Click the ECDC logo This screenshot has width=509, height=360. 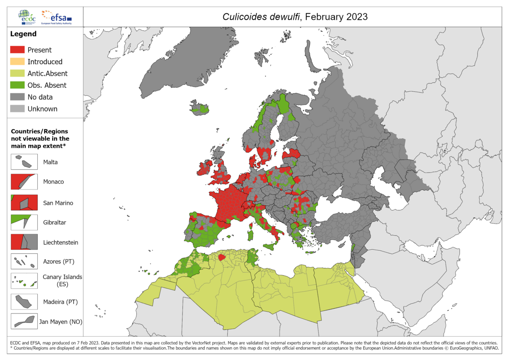pos(28,17)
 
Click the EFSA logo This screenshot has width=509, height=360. pos(56,17)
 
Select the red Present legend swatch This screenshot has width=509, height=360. pos(17,50)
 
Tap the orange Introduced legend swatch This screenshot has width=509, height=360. pos(17,62)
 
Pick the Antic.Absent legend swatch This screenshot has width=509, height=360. pos(17,74)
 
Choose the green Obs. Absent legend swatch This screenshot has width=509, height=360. pos(17,85)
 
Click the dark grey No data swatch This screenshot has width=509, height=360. pos(17,97)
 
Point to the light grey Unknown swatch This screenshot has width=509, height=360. pos(17,109)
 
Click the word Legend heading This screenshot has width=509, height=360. pos(23,34)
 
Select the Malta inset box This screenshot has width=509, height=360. pos(24,162)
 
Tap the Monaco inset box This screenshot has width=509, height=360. pos(24,182)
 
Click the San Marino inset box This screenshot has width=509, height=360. pos(24,202)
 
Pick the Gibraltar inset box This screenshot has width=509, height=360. pos(24,222)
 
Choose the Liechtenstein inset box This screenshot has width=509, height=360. pos(24,242)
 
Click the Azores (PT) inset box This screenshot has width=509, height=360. pos(24,262)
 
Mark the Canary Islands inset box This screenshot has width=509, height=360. pos(24,281)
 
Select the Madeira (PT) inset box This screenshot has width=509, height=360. pos(24,301)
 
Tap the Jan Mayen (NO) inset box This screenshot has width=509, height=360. pos(24,321)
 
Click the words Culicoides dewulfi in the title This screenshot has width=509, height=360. pos(261,17)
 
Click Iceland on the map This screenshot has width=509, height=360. pos(200,108)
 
